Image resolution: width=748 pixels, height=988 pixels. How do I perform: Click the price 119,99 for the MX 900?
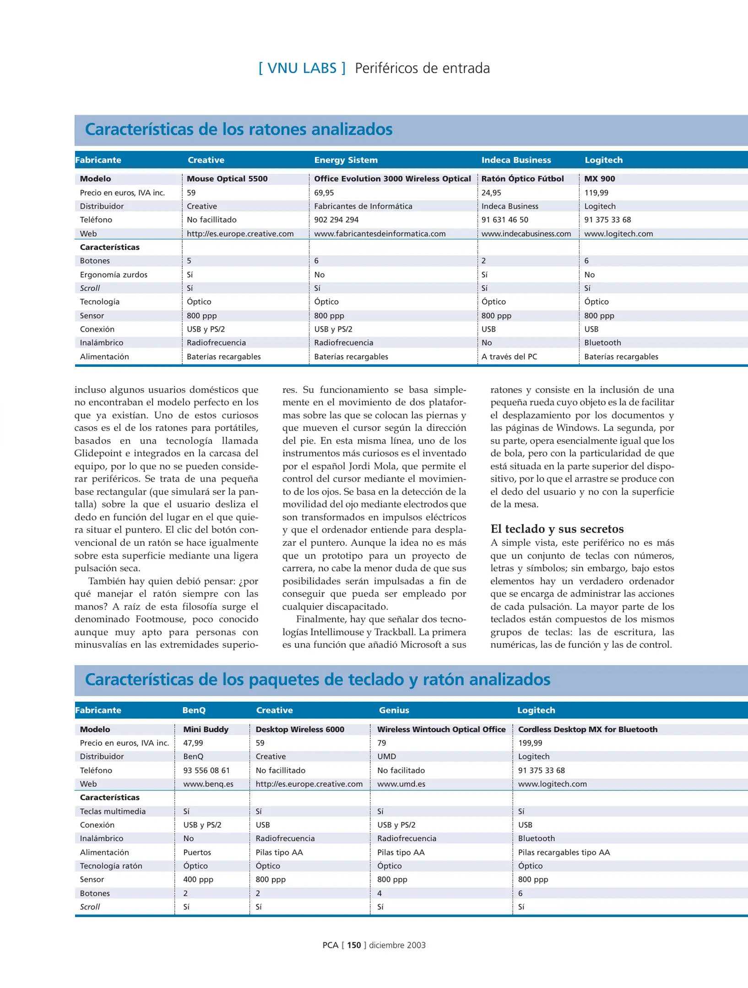point(596,193)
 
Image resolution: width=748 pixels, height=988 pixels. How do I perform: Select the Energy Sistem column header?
point(346,160)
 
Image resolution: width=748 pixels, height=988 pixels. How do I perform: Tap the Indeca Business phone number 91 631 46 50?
point(504,220)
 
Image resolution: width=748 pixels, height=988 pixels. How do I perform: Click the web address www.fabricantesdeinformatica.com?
point(379,234)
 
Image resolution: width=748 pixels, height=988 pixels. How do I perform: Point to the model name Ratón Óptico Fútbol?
point(522,179)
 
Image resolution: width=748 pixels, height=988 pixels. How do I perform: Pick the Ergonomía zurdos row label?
point(114,274)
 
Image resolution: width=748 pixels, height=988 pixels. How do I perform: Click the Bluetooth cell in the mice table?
point(602,343)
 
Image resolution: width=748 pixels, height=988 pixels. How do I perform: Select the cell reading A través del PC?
point(509,356)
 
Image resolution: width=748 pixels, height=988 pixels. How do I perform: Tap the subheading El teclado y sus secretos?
point(557,529)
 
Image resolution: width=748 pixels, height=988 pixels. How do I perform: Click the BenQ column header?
point(194,710)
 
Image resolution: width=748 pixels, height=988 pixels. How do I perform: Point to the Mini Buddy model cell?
point(206,729)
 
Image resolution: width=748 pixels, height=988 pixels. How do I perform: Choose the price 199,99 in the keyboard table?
point(530,743)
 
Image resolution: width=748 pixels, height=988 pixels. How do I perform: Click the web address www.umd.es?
point(401,784)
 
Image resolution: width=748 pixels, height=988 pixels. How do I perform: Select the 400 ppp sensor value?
point(198,879)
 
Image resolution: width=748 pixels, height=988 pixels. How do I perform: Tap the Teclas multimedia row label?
point(113,811)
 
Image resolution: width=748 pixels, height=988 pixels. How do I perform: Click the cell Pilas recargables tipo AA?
point(564,852)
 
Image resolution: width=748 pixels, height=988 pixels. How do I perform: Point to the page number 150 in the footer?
point(354,945)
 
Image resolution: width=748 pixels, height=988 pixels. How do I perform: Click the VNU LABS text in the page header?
point(302,68)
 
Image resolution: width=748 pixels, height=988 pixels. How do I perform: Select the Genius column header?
point(394,710)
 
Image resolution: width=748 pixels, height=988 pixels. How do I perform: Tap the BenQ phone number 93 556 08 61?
point(206,770)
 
